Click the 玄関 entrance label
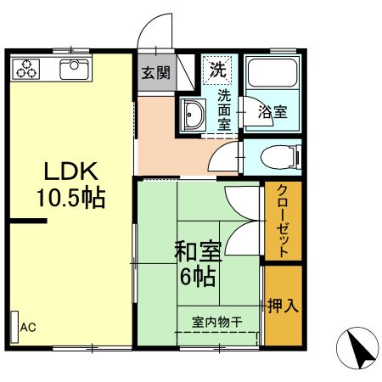[154, 72]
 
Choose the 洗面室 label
[225, 109]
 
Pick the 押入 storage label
[283, 306]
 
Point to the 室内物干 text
[217, 322]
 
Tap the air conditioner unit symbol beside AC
[14, 327]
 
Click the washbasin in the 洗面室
[193, 114]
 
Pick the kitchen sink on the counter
[75, 67]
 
